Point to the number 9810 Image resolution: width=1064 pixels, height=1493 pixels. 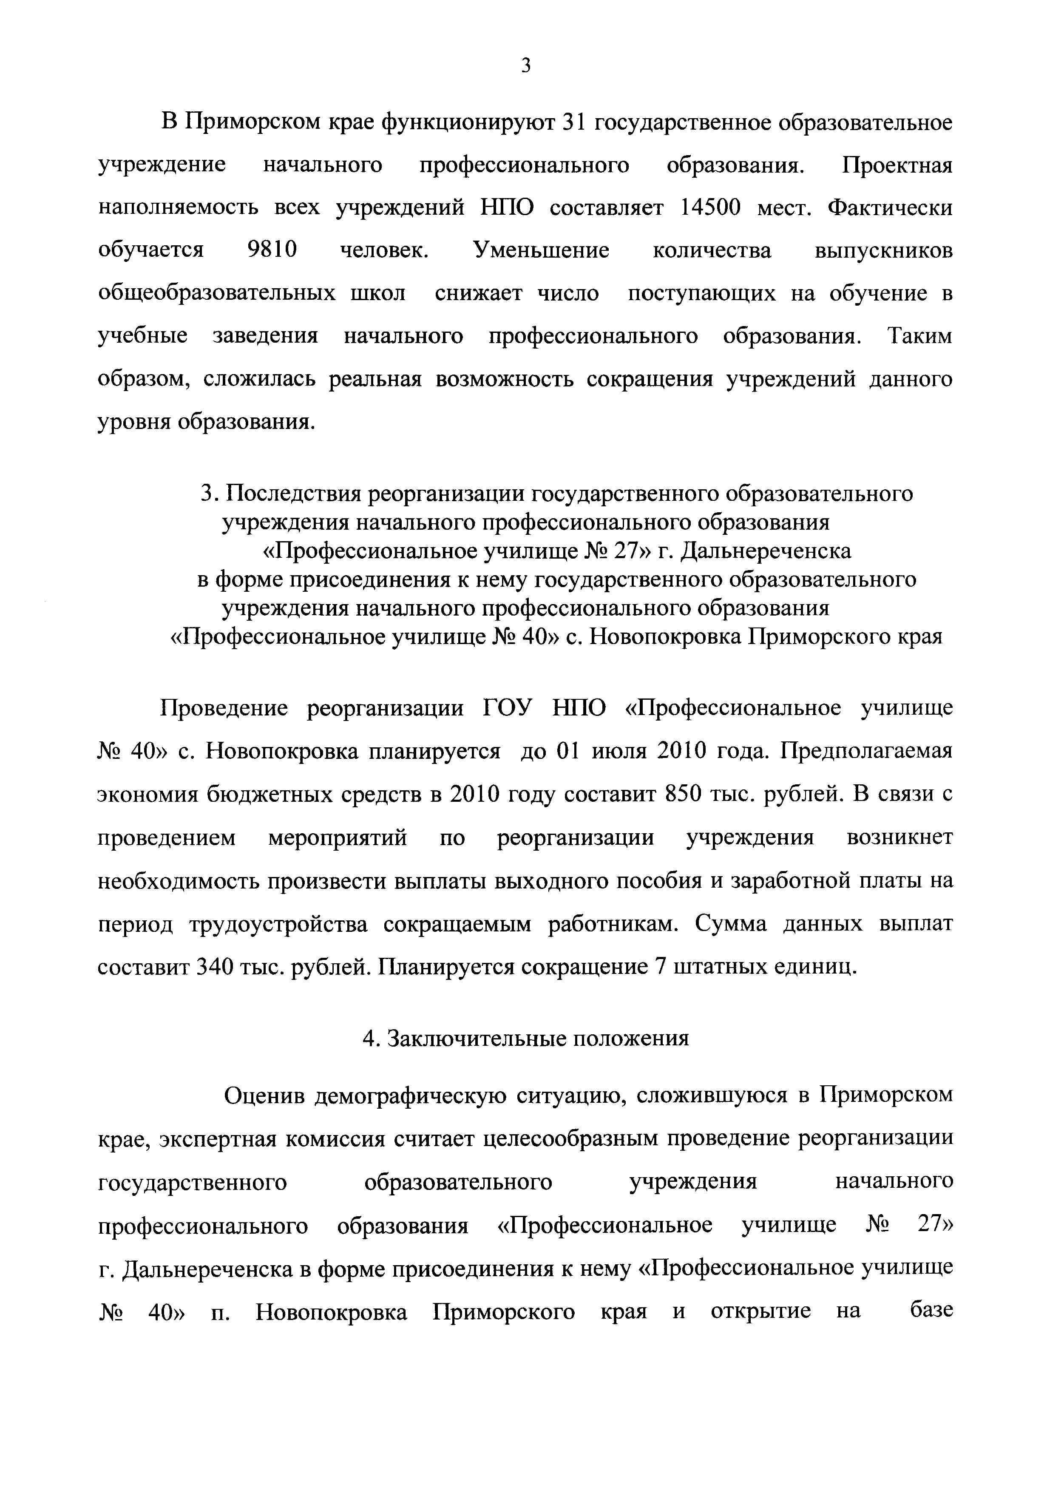pos(272,250)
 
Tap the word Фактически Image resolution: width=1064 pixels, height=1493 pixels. pos(890,208)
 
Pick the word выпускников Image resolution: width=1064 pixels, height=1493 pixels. pos(884,250)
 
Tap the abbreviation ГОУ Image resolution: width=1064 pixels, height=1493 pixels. pos(508,708)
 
